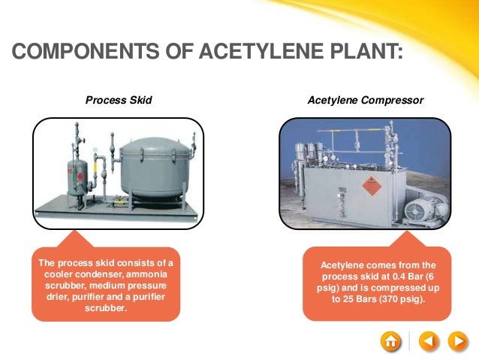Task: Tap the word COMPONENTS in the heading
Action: tap(70, 53)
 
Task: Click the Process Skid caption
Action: tap(119, 99)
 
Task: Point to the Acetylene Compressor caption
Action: tap(365, 99)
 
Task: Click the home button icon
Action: tap(390, 341)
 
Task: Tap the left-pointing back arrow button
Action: tap(427, 341)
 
